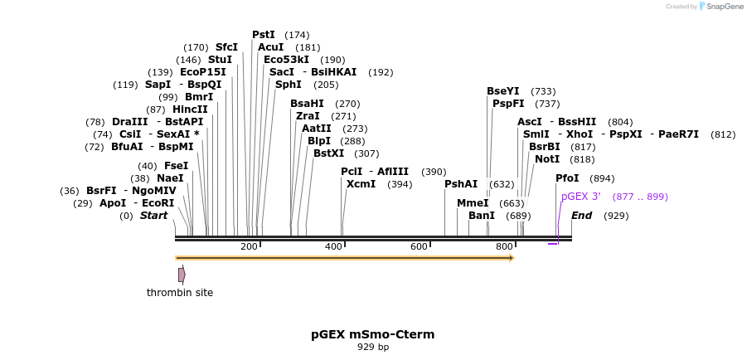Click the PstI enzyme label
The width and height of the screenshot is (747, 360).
point(264,35)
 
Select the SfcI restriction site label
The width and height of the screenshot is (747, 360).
point(226,47)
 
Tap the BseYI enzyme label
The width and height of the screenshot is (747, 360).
point(503,91)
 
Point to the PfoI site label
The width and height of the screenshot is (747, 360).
point(567,178)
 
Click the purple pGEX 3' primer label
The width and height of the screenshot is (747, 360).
point(580,197)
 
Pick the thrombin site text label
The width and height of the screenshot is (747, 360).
point(180,292)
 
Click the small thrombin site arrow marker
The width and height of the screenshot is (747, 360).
point(182,275)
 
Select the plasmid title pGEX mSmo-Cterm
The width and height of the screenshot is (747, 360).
point(373,334)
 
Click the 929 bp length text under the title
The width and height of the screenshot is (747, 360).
point(373,348)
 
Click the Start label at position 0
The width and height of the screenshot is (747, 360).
point(153,216)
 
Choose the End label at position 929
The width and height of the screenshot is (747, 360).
point(581,216)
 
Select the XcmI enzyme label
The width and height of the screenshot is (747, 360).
point(361,184)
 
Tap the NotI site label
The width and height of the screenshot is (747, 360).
point(547,159)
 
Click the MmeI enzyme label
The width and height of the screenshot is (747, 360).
point(473,203)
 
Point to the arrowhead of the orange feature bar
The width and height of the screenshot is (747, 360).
point(512,258)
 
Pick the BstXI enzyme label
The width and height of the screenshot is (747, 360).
point(328,153)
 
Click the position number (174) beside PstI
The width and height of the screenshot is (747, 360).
point(297,35)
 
